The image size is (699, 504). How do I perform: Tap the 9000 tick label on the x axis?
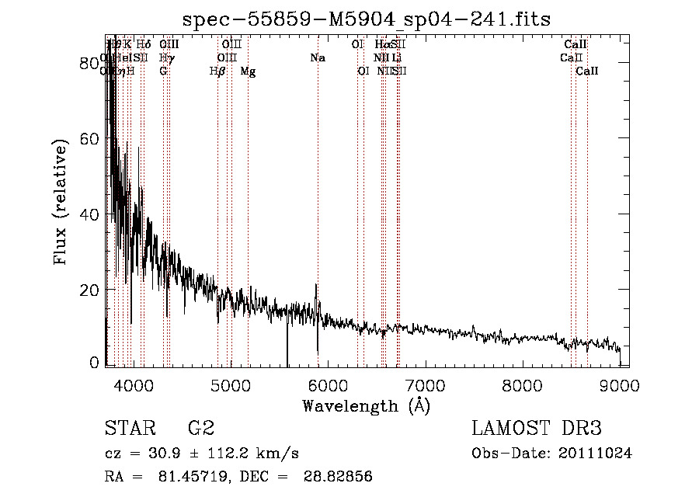(619, 385)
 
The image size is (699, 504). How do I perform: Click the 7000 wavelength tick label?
(425, 385)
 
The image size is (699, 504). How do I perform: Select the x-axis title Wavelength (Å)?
(366, 405)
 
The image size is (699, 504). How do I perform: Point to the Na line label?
(317, 58)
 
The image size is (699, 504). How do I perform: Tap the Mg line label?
(248, 71)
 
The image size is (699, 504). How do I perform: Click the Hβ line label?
(217, 71)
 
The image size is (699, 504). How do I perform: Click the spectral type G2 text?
(200, 428)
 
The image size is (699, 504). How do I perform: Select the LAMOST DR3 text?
(537, 428)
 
